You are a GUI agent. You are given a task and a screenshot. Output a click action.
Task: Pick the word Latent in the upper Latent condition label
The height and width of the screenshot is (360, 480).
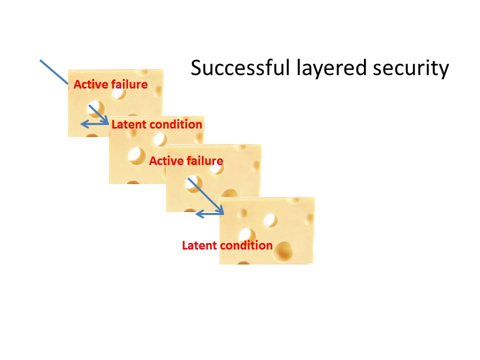126,124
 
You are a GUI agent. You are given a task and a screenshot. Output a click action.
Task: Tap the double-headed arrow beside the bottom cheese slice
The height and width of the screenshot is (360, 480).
209,214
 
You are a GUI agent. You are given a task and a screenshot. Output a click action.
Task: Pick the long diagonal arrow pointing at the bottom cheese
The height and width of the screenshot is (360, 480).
205,195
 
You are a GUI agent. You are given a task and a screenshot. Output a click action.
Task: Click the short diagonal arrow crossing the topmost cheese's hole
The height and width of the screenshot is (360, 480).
98,114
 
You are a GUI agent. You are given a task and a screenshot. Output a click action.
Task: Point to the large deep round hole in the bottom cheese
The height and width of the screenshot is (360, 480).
283,250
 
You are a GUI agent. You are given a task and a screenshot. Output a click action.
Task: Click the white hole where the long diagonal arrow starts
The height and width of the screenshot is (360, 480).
193,184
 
